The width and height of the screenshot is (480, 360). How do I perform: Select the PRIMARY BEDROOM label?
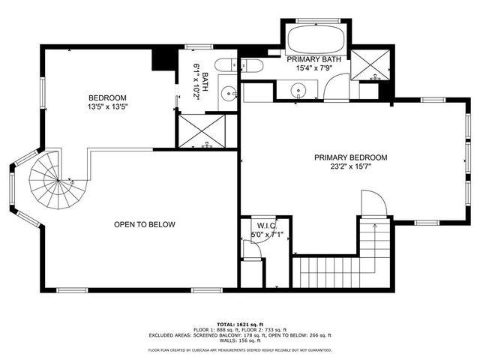click(350, 157)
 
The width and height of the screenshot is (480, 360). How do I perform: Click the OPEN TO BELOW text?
click(144, 225)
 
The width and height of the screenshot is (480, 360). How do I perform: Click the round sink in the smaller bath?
click(227, 94)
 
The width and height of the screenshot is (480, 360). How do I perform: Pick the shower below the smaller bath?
click(205, 131)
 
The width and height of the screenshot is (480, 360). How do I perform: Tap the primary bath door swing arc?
click(332, 90)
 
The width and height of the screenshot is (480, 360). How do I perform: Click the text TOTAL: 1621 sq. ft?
click(240, 322)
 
